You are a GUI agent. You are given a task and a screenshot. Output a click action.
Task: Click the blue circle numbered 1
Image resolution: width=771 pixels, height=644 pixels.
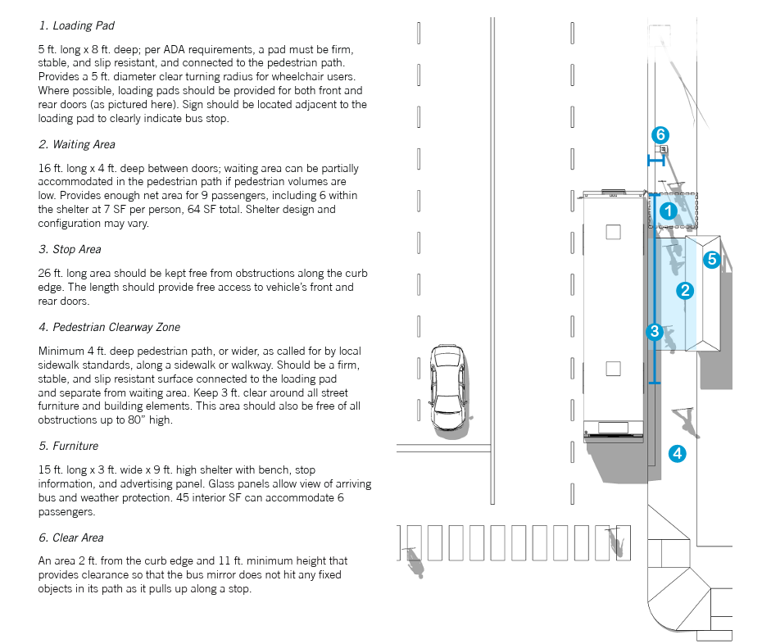pos(669,211)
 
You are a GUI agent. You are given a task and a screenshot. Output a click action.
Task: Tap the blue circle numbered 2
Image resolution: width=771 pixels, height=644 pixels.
pos(685,290)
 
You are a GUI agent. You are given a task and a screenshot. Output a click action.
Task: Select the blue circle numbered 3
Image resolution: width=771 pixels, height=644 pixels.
pos(655,331)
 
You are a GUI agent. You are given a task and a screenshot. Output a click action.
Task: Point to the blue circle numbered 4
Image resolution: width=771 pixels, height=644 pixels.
pos(677,452)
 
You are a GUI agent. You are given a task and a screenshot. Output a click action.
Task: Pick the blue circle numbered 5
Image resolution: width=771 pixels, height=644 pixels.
pos(711,260)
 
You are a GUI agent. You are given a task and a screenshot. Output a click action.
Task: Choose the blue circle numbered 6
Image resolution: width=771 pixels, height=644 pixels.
pos(660,134)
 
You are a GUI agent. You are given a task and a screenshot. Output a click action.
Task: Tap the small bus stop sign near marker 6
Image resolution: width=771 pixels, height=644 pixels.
pos(663,150)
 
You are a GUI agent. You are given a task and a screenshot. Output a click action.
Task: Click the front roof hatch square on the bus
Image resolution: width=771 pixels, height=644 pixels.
pos(614,232)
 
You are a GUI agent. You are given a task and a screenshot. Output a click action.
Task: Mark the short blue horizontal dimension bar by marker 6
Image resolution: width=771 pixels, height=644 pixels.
pos(655,161)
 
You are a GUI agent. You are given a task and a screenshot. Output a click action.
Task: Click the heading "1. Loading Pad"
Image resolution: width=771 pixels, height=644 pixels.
pos(77,26)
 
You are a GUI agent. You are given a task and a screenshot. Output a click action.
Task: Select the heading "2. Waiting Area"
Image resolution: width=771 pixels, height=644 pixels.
pos(77,145)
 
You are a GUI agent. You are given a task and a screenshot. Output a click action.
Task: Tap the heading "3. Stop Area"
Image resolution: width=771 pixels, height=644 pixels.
pos(70,249)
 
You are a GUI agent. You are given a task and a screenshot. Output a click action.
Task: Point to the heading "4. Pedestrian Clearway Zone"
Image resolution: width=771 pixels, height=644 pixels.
pos(109,328)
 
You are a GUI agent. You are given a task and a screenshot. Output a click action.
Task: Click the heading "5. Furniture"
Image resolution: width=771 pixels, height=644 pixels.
pos(68,446)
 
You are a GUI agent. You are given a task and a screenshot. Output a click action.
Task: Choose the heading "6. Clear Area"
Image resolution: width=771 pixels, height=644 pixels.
pos(71,537)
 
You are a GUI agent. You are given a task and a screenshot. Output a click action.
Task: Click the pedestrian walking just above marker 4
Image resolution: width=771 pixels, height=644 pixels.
pos(687,420)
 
